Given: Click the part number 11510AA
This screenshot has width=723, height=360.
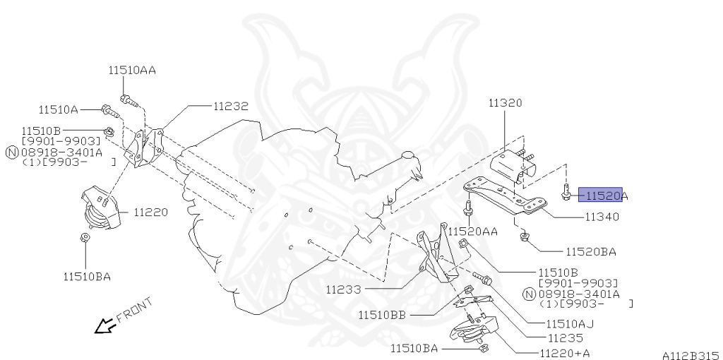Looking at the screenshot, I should point(132,71).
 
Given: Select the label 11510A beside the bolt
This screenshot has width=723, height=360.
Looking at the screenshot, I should point(58,109).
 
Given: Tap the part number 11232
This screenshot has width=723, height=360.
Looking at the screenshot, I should point(230,107).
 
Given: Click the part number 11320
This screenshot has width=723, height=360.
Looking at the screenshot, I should point(505,103).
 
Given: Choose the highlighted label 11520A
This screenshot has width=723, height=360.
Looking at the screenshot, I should point(602,195).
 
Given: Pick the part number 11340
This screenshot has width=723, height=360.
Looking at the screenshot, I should point(602,217).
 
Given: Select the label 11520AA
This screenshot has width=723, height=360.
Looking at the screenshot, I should point(474,232).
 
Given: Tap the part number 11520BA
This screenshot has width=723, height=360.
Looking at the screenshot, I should point(590,251).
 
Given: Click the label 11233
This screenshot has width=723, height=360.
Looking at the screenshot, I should point(345,289).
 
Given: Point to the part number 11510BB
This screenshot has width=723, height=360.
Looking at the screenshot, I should point(381,315).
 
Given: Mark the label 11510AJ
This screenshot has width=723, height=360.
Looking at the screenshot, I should point(570,324).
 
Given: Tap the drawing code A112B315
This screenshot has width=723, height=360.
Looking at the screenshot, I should point(690,356).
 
